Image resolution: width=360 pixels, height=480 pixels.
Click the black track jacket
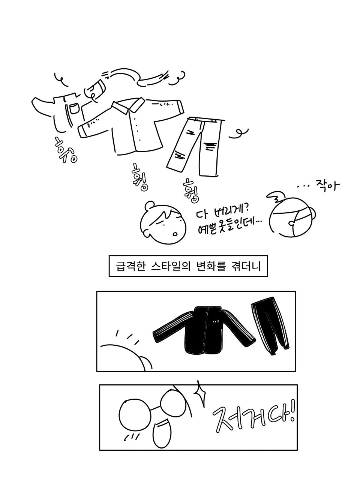point(204,330)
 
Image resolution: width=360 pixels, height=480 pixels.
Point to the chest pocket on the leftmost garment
point(74,108)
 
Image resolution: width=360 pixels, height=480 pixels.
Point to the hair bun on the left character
point(149,205)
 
